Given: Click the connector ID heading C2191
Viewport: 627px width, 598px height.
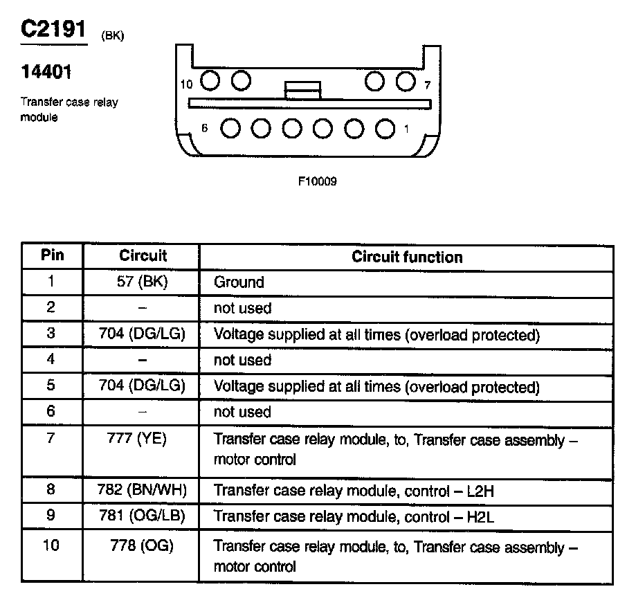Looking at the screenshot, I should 54,30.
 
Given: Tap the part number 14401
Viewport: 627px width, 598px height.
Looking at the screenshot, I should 46,73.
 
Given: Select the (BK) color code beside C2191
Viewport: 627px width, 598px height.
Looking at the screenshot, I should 112,36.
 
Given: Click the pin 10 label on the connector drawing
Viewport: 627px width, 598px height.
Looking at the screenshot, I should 185,84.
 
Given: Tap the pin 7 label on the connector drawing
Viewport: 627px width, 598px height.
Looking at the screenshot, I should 427,85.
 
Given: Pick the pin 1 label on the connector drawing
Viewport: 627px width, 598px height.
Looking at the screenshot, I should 406,129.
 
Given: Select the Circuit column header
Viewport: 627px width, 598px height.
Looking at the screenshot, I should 143,255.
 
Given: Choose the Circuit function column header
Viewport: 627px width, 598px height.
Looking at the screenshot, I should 407,257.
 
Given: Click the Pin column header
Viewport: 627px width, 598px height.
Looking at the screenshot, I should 53,255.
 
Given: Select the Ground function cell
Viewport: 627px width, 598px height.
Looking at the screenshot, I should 239,282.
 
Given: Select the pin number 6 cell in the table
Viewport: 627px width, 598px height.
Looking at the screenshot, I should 51,411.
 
